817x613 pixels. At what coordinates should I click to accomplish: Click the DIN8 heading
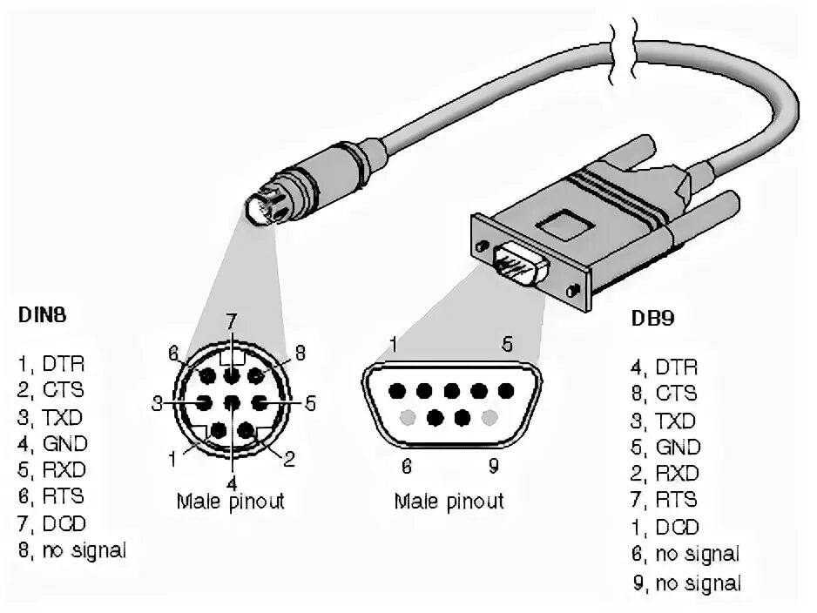pos(43,314)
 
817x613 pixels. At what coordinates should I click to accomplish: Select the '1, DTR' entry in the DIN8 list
pos(51,361)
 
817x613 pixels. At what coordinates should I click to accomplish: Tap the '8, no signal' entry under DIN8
pos(71,550)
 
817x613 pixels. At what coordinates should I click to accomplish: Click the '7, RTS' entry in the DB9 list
pos(665,501)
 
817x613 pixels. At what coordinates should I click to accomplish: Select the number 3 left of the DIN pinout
pos(157,403)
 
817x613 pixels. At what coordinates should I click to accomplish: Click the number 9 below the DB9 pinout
pos(493,466)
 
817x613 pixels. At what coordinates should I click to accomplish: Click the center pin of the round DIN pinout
pos(231,404)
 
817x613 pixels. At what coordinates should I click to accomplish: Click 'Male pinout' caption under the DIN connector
pos(230,502)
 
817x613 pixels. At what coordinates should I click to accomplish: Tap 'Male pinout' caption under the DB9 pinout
pos(449,502)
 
